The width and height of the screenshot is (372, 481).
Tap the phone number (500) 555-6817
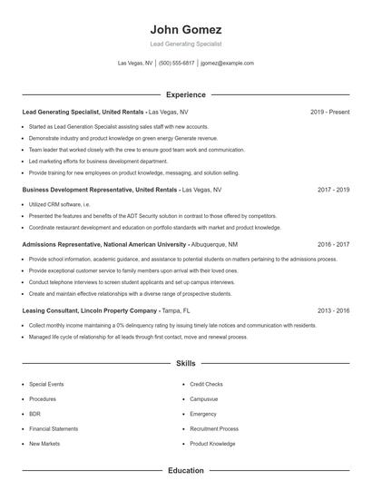pyautogui.click(x=176, y=64)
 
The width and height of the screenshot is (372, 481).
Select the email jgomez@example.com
pyautogui.click(x=227, y=64)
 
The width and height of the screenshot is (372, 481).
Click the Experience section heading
pyautogui.click(x=185, y=94)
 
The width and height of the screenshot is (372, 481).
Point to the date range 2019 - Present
pyautogui.click(x=329, y=112)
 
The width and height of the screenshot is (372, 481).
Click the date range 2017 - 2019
pyautogui.click(x=333, y=190)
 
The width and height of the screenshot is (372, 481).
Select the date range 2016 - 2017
pyautogui.click(x=333, y=244)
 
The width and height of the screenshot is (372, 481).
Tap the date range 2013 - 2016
pyautogui.click(x=333, y=310)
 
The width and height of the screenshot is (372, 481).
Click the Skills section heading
pyautogui.click(x=185, y=363)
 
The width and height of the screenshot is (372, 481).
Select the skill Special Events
pyautogui.click(x=46, y=385)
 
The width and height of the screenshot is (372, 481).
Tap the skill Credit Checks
pyautogui.click(x=206, y=385)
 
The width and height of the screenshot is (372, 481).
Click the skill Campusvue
pyautogui.click(x=204, y=399)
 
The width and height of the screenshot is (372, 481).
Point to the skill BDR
pyautogui.click(x=34, y=414)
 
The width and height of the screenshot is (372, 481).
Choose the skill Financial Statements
pyautogui.click(x=54, y=428)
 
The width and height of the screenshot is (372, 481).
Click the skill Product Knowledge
pyautogui.click(x=212, y=444)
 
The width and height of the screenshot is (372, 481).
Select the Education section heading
pyautogui.click(x=185, y=471)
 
